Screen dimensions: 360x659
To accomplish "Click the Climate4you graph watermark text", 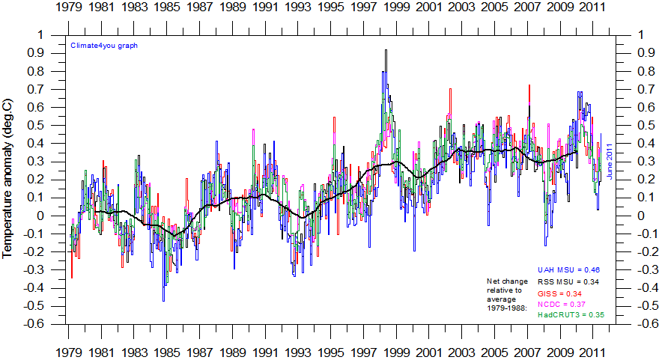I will point(104,45).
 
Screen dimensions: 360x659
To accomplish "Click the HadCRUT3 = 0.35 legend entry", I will point(571,315).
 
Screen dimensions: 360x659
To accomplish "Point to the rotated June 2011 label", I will point(610,161).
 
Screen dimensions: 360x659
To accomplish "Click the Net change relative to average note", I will point(508,294).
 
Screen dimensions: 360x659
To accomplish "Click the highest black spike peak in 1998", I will point(386,50).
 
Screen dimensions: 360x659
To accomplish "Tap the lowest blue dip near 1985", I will point(163,301).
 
